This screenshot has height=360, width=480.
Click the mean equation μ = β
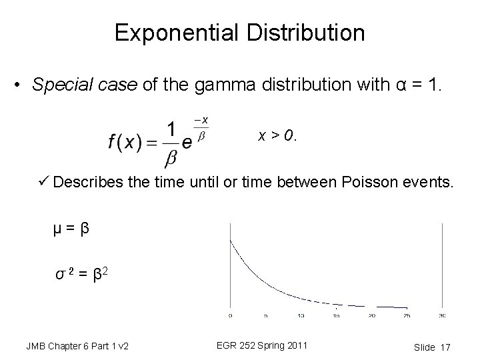coord(71,230)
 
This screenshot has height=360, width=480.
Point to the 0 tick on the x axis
coord(230,315)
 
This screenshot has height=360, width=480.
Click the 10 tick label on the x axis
coord(301,315)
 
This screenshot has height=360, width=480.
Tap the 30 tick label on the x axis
coord(443,315)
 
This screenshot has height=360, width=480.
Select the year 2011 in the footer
coord(294,345)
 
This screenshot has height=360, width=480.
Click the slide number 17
coord(445,347)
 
